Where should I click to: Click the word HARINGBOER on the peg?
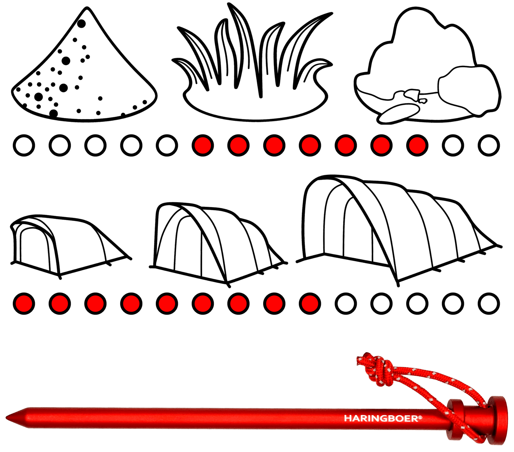pos(383,418)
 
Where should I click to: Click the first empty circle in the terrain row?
pos(24,145)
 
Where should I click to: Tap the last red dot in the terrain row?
pos(417,145)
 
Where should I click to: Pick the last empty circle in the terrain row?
pos(489,145)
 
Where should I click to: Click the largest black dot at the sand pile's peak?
pos(81,23)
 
